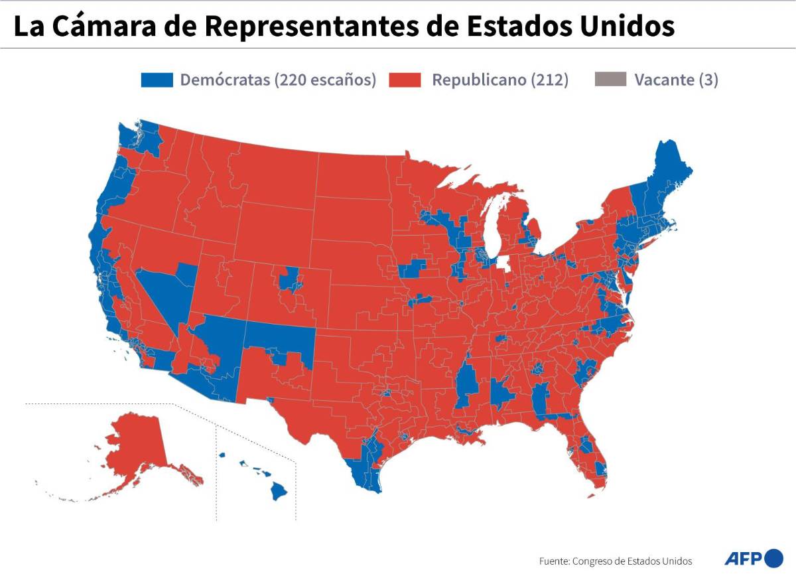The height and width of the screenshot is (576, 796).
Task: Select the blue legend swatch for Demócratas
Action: coord(157,80)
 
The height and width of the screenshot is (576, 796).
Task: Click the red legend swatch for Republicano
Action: coord(405,80)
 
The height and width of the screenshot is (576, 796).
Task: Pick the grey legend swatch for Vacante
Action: coord(609,80)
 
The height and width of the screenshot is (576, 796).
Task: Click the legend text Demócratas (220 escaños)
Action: coord(278,80)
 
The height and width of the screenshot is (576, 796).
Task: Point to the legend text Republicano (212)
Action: coord(500,80)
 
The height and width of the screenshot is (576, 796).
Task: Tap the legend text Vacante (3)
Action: coord(676,80)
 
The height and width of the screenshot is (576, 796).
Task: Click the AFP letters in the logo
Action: coord(742,558)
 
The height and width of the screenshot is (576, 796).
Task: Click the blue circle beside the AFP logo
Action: coord(773,558)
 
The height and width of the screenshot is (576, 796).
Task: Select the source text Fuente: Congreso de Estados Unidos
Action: coord(616,561)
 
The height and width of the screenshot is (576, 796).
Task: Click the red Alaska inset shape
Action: coord(136,445)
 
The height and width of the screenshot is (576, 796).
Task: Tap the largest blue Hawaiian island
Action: coord(279,491)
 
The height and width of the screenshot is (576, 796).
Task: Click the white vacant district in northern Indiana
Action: coord(505,264)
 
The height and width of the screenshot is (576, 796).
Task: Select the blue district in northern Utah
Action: coord(289,278)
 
